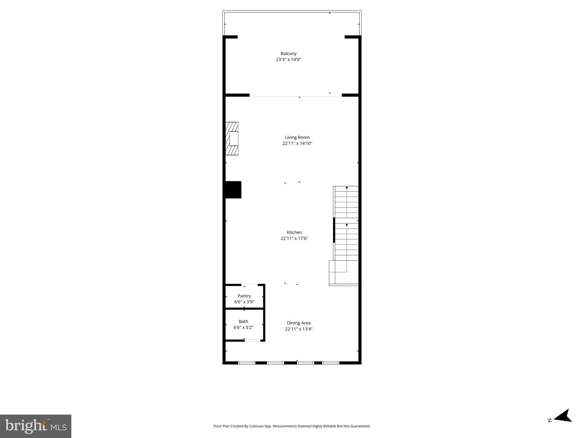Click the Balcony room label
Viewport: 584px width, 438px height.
click(288, 54)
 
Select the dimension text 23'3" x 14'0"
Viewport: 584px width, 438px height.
click(288, 60)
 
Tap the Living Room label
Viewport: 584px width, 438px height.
click(297, 137)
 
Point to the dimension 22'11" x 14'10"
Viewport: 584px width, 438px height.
click(297, 143)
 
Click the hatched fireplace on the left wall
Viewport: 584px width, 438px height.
click(232, 139)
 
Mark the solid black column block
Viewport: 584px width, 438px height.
click(233, 190)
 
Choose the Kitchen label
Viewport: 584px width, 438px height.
click(294, 232)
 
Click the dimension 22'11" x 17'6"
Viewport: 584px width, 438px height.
click(294, 238)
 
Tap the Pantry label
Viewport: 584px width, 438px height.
click(244, 296)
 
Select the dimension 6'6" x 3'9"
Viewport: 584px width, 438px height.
click(244, 302)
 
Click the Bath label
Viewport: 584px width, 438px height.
click(243, 321)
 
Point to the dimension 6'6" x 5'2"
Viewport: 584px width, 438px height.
click(243, 328)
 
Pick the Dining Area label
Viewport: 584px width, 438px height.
click(299, 323)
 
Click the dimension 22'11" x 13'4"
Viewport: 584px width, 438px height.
click(299, 329)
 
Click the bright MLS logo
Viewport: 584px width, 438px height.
click(36, 426)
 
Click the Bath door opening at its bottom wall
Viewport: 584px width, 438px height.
click(252, 340)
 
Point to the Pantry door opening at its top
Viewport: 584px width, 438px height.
click(250, 285)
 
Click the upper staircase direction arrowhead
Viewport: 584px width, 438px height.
click(347, 187)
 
